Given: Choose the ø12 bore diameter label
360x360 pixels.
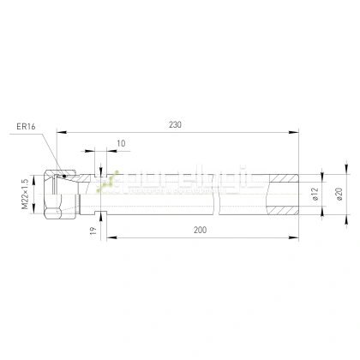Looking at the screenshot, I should tap(315, 195).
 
